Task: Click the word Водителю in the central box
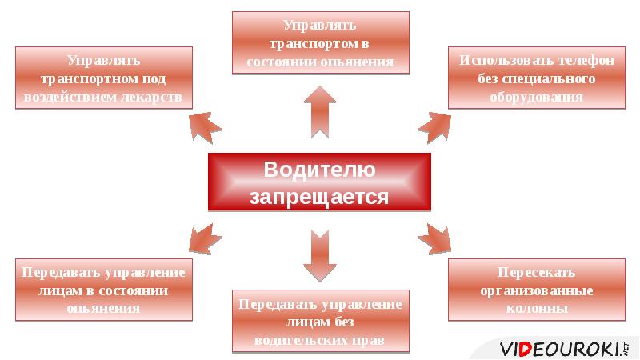(x=319, y=170)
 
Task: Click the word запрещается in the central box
(x=319, y=197)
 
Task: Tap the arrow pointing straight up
(x=320, y=112)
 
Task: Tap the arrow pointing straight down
(x=320, y=256)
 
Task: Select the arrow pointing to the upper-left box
(x=205, y=127)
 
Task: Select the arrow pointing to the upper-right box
(x=434, y=127)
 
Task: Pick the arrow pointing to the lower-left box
(x=205, y=239)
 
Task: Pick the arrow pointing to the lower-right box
(x=434, y=239)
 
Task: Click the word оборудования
(x=536, y=98)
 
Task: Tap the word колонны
(x=537, y=308)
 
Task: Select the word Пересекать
(x=536, y=272)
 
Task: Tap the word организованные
(x=536, y=290)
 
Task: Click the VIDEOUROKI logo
(x=564, y=350)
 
